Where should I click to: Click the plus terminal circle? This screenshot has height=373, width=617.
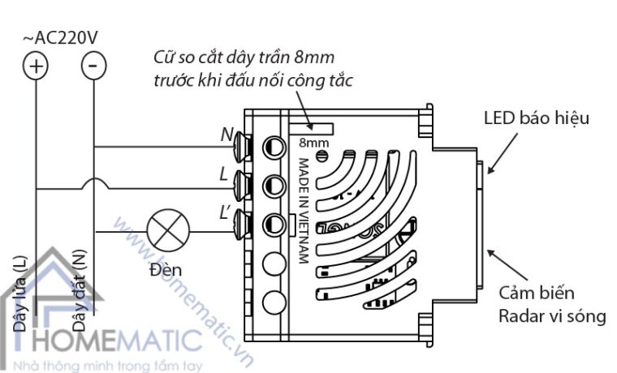36,65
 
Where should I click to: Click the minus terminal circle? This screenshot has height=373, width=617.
94,65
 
